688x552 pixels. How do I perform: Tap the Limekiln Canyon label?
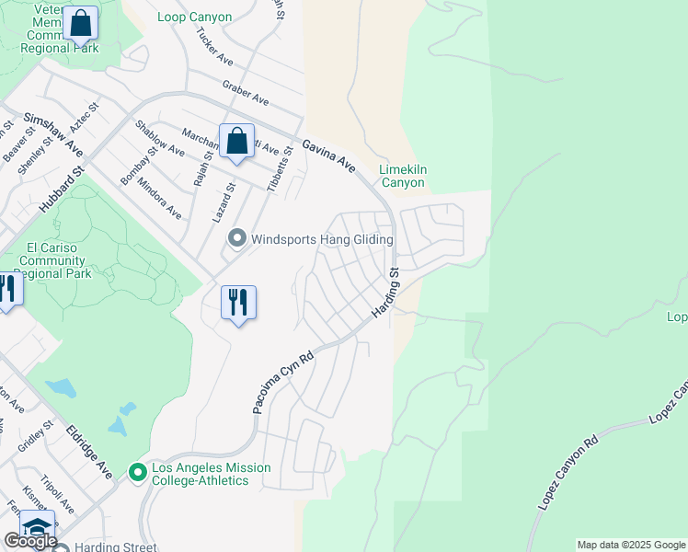[403, 176]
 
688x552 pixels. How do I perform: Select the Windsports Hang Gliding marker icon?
[237, 238]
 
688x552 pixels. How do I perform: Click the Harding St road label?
[384, 294]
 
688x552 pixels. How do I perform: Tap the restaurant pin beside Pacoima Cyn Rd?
[238, 302]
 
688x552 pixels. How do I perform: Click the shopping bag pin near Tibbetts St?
[236, 141]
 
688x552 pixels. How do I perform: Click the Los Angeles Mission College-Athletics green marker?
[138, 473]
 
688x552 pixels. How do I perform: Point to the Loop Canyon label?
[192, 17]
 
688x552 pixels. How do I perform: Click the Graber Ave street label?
[245, 92]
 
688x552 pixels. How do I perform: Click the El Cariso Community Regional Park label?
[60, 260]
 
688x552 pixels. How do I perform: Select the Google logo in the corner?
[29, 540]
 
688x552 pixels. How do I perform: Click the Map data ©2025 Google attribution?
[631, 545]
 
